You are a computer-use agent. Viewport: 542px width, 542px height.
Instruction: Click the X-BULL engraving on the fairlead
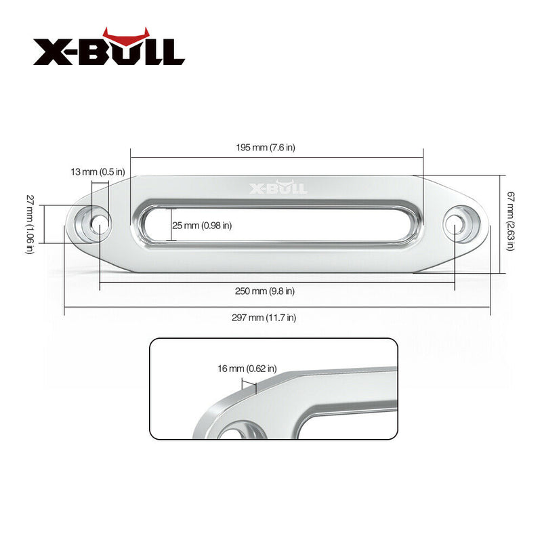pos(278,188)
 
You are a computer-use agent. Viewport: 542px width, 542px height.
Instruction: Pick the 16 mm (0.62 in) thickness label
pos(247,369)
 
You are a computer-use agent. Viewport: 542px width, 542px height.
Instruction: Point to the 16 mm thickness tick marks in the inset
pos(249,387)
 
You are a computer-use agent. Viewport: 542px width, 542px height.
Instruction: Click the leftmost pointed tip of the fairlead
pos(66,227)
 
